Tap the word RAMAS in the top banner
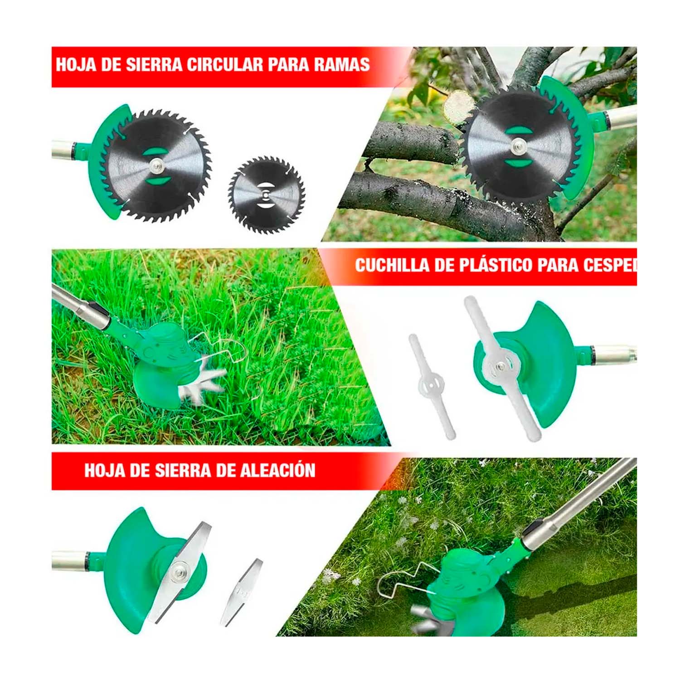[x=342, y=64]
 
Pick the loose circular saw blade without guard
[x=266, y=195]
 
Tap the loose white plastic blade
[x=432, y=387]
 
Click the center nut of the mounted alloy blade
[x=180, y=568]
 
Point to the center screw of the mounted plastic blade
[x=500, y=366]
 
